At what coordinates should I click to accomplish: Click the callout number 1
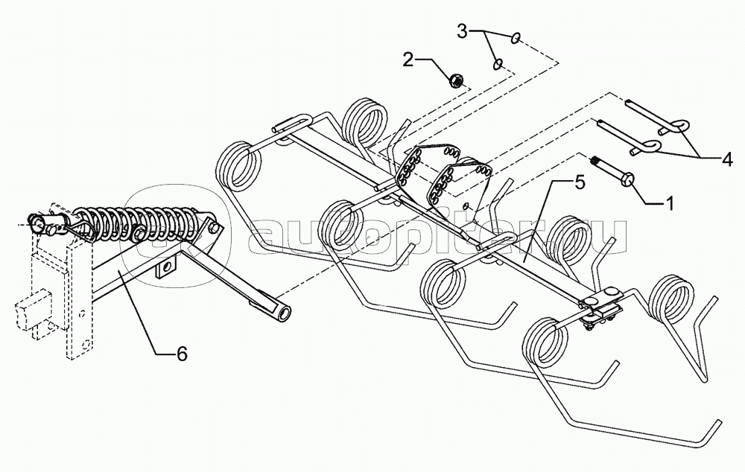tap(669, 203)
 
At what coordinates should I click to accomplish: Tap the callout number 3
tap(463, 31)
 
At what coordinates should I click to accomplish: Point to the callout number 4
tap(726, 160)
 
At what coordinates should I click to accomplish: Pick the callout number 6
tap(182, 354)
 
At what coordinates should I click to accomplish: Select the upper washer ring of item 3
tap(516, 38)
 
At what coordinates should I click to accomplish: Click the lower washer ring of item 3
tap(498, 64)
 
